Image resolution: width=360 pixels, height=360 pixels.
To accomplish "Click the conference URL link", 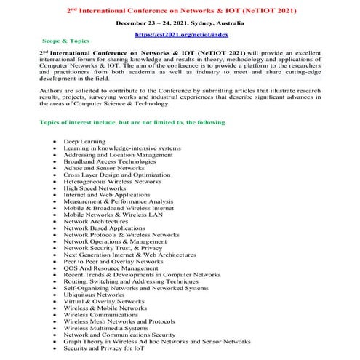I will pos(180,34).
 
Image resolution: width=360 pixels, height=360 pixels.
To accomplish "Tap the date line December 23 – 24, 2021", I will pos(180,23).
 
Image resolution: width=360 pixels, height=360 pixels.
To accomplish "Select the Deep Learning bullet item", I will pos(84,140).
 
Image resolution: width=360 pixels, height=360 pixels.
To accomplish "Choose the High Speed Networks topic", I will pos(95,188).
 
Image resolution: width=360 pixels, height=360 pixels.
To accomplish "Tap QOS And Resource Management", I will pos(111,268).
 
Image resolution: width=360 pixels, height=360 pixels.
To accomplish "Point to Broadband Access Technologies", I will pos(110,161).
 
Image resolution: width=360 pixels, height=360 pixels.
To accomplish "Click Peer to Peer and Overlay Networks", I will pos(113,261).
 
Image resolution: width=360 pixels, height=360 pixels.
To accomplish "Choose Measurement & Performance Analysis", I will pos(118,201).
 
